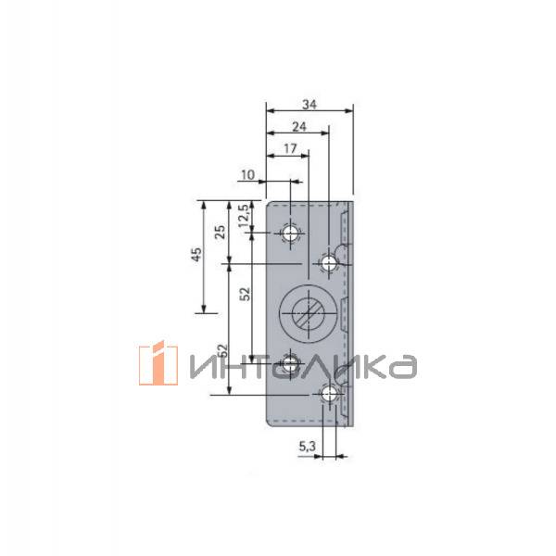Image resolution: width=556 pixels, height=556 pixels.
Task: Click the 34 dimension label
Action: click(x=310, y=104)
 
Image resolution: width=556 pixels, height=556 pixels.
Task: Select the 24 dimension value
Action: click(x=299, y=127)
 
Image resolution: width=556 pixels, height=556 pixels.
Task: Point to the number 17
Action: click(x=290, y=148)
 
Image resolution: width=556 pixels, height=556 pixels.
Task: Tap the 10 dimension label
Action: click(x=248, y=175)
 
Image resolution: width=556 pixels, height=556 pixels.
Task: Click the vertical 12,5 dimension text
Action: click(x=244, y=216)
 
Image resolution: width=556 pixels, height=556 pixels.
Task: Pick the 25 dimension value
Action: click(x=221, y=232)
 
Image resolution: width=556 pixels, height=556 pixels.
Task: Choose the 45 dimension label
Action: click(x=196, y=255)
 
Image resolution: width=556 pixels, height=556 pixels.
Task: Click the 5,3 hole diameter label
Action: click(x=307, y=447)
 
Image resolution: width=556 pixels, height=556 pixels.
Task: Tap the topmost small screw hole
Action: click(x=290, y=234)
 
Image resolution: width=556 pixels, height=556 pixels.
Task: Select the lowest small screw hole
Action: click(x=329, y=395)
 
